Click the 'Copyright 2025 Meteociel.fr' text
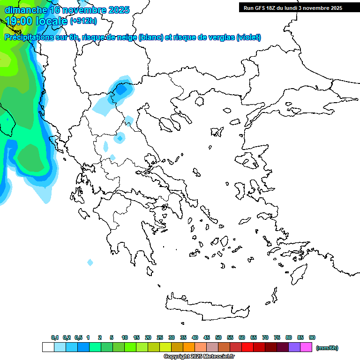[199, 357]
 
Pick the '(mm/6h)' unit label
[327, 348]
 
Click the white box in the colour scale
[48, 347]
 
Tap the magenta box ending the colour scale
[306, 347]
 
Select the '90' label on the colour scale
[312, 338]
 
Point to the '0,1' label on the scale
[55, 338]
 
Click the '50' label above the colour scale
[218, 338]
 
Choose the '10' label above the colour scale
[125, 338]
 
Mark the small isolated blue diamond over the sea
[90, 262]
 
